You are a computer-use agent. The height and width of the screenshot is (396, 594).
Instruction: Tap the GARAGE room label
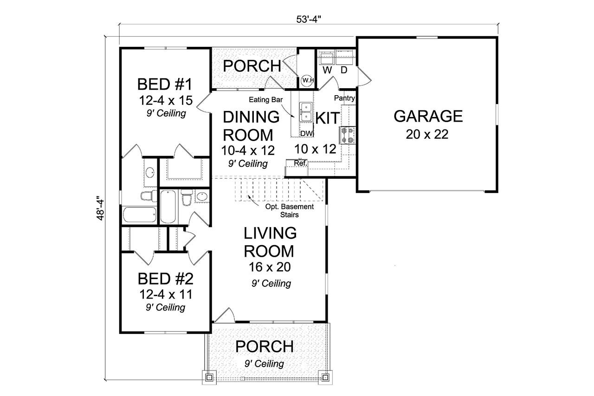(x=428, y=116)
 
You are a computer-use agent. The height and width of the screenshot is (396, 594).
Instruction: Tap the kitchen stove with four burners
(x=348, y=135)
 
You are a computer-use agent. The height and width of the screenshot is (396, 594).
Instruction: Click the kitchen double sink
(x=305, y=112)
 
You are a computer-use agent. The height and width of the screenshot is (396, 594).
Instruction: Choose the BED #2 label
(x=166, y=279)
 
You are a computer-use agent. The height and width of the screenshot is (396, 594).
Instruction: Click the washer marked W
(x=326, y=59)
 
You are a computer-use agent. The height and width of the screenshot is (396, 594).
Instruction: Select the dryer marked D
(x=344, y=59)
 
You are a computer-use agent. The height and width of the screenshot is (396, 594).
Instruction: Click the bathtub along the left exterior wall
(x=141, y=215)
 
